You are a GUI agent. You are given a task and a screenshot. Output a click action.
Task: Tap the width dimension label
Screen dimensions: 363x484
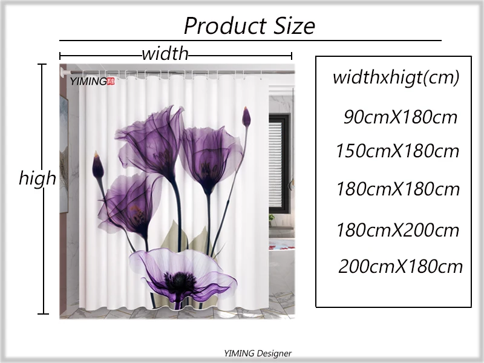coord(165,54)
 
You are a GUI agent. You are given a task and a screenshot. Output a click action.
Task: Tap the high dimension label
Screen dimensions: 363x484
coord(38,178)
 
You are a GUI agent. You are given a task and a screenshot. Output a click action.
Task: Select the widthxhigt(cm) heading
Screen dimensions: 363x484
coord(396,77)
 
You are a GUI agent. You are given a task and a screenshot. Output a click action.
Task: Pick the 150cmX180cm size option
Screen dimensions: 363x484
coord(397,151)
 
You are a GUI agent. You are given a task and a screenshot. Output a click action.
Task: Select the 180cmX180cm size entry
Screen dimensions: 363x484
coord(398,189)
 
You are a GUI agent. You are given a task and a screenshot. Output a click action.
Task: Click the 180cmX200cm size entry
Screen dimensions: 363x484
coord(398,230)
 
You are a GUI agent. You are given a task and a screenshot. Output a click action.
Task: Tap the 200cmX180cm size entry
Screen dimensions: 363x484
coord(400,266)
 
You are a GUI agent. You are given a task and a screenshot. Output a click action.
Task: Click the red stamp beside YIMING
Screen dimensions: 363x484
coord(110,80)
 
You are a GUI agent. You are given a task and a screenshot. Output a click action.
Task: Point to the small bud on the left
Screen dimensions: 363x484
coord(97,165)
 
